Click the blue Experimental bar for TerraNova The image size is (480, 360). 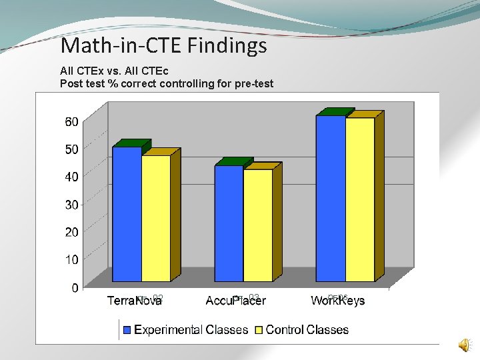pyautogui.click(x=127, y=213)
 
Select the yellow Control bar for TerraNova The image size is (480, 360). pyautogui.click(x=155, y=218)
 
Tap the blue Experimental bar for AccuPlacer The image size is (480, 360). pyautogui.click(x=229, y=223)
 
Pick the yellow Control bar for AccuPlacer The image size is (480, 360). pyautogui.click(x=257, y=225)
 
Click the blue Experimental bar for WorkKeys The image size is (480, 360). pyautogui.click(x=331, y=198)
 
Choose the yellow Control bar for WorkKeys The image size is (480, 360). pyautogui.click(x=359, y=199)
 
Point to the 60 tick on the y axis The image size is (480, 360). pyautogui.click(x=71, y=121)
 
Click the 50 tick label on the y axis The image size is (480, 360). pyautogui.click(x=71, y=149)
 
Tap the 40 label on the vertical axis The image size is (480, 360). pyautogui.click(x=71, y=177)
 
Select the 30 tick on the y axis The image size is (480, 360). pyautogui.click(x=71, y=205)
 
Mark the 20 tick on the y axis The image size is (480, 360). pyautogui.click(x=71, y=232)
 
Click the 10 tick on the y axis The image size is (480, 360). pyautogui.click(x=71, y=259)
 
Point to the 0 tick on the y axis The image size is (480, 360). pyautogui.click(x=75, y=287)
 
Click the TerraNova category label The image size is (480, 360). pyautogui.click(x=135, y=301)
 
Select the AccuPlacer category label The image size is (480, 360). pyautogui.click(x=235, y=301)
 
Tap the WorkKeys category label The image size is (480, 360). pyautogui.click(x=337, y=301)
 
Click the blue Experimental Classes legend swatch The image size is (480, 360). pyautogui.click(x=127, y=329)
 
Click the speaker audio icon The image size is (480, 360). pyautogui.click(x=463, y=344)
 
